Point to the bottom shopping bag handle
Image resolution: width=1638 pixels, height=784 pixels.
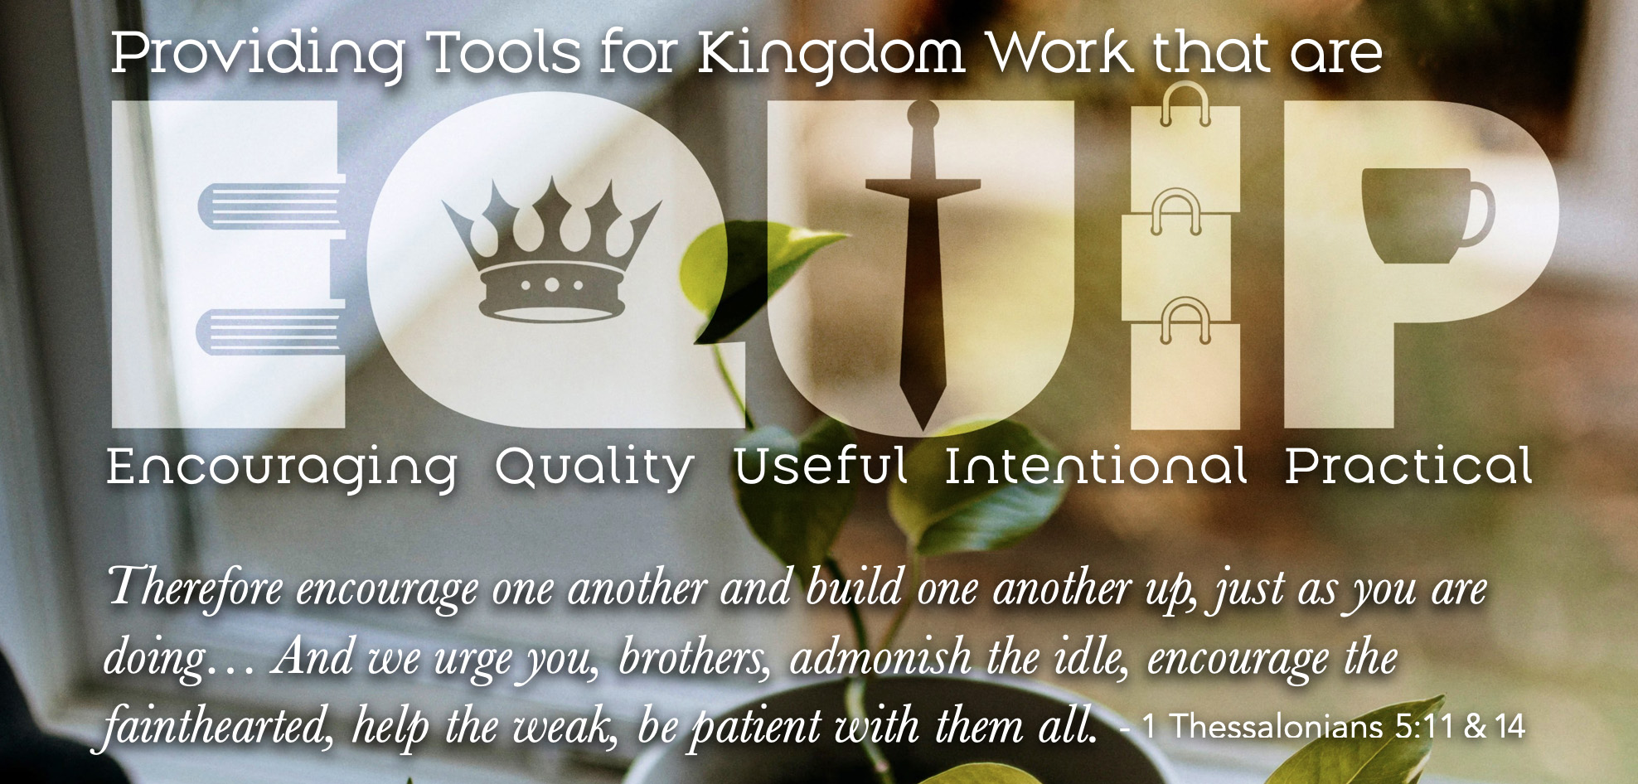coord(1185,322)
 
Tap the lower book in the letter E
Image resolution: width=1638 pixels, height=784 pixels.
coord(270,332)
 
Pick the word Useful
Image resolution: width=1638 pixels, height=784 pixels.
coord(820,466)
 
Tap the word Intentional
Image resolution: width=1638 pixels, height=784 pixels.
coord(1096,466)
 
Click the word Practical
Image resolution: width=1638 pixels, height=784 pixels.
coord(1408,466)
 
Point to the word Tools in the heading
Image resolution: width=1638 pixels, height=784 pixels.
coord(504,53)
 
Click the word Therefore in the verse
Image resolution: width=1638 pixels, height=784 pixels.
coord(196,587)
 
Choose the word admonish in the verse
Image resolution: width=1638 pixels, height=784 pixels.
coord(881,656)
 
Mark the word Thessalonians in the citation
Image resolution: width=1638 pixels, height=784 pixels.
coord(1276,727)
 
